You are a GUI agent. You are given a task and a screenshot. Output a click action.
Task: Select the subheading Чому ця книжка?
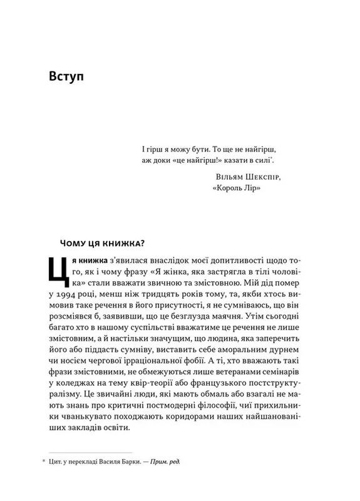point(105,242)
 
